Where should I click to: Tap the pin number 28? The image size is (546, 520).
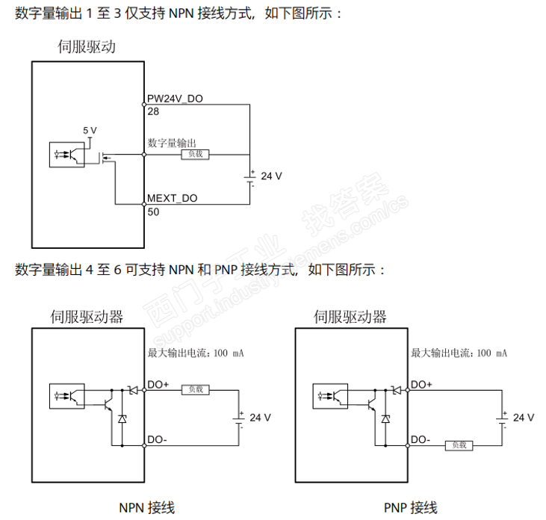(x=153, y=111)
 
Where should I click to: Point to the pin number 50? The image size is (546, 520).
(x=153, y=211)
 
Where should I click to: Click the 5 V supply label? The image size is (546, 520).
(x=90, y=130)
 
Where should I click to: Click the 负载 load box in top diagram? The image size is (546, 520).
(x=196, y=154)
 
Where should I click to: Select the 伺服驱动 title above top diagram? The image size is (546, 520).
(x=87, y=47)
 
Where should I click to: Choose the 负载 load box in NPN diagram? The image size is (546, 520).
(x=196, y=389)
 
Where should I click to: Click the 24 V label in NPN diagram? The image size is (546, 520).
(x=259, y=417)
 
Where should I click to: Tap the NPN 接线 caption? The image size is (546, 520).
(x=147, y=508)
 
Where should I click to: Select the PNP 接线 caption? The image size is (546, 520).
(x=410, y=508)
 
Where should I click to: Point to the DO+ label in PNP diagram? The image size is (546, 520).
(x=422, y=384)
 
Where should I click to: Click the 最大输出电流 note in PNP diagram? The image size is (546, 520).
(x=459, y=353)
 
